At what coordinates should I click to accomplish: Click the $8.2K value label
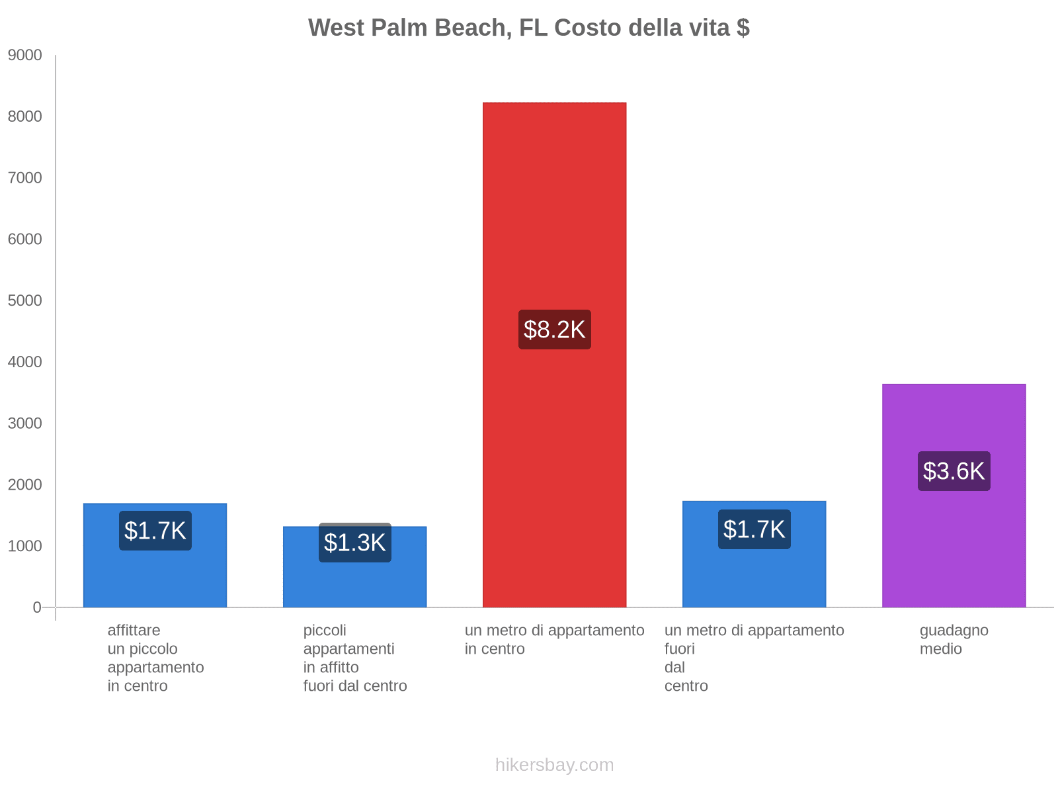pos(554,330)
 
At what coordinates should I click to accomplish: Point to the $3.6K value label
pos(954,471)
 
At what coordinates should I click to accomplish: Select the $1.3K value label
pos(354,543)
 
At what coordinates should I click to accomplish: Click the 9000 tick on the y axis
pos(25,56)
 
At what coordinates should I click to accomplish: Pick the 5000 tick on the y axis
pos(25,301)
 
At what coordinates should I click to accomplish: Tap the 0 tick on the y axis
pos(37,607)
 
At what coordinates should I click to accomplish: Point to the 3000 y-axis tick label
pos(25,423)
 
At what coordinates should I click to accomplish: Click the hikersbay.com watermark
pos(554,765)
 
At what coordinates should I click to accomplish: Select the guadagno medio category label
pos(954,639)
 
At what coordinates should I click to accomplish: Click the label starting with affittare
pos(155,658)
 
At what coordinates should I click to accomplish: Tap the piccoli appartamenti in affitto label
pos(354,658)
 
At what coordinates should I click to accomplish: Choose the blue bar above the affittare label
pos(155,576)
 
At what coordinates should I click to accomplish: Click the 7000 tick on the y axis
pos(25,178)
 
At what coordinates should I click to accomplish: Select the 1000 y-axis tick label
pos(25,546)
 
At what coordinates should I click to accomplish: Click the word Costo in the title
pos(587,28)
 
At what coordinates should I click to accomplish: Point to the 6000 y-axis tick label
pos(25,240)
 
